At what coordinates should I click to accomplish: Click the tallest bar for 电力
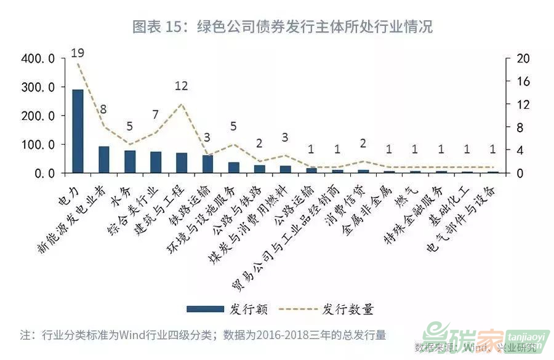[78, 131]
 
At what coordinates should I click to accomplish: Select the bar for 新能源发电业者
[104, 159]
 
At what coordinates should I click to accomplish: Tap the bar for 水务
[130, 162]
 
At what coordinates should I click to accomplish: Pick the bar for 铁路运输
[207, 164]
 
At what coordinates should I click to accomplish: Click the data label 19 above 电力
[78, 53]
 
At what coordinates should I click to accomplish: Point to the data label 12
[181, 86]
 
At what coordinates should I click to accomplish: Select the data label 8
[103, 110]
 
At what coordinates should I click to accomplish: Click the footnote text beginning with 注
[203, 335]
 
